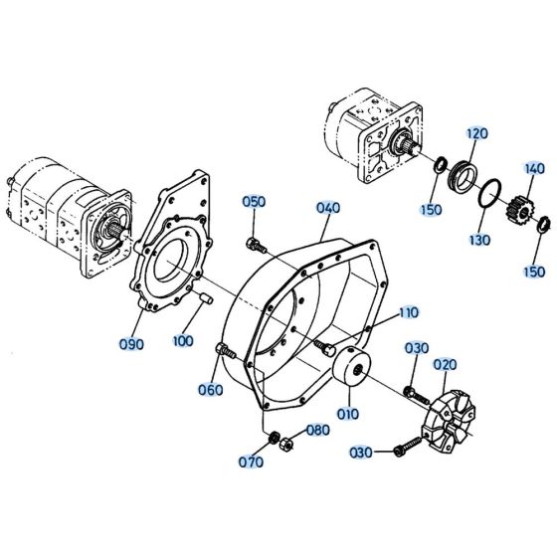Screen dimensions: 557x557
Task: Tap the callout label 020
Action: (x=445, y=364)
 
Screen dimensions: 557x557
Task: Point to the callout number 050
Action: (x=255, y=202)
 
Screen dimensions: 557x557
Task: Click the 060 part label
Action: (x=210, y=389)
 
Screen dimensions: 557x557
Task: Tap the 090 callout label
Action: (x=131, y=344)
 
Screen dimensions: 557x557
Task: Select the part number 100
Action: (x=182, y=341)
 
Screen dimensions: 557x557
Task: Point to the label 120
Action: (x=476, y=133)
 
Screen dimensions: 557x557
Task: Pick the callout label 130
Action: (x=480, y=239)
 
